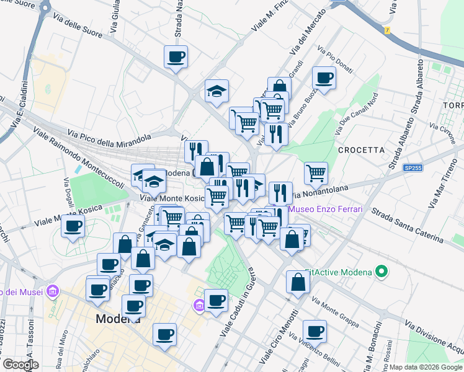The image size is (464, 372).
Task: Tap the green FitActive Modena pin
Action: tap(382, 272)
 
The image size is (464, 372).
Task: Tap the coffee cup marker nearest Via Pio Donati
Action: tap(324, 78)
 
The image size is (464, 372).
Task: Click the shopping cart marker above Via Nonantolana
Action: tap(316, 173)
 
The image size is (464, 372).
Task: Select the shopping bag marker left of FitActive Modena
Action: tap(298, 282)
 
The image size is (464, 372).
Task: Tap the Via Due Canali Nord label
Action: tap(357, 115)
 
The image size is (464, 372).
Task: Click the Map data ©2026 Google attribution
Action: tap(425, 366)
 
